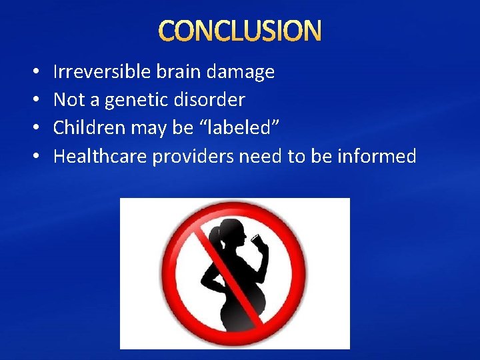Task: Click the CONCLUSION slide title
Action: [240, 31]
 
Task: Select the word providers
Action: [193, 157]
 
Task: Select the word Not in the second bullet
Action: [67, 100]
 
